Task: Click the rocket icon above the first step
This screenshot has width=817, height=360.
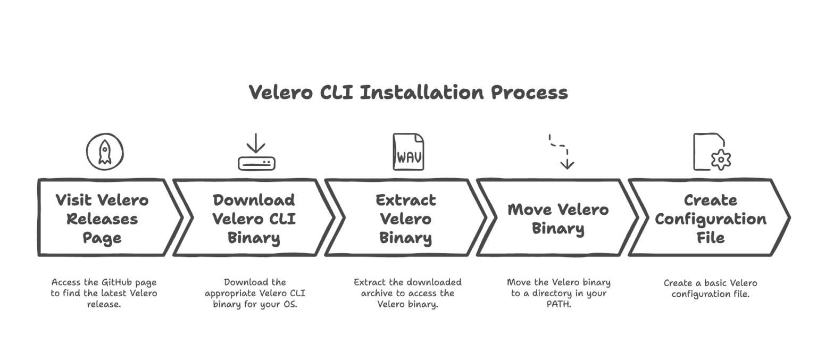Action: click(x=105, y=152)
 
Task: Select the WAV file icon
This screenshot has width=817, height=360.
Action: click(x=408, y=152)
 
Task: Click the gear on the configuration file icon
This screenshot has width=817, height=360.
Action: click(x=721, y=160)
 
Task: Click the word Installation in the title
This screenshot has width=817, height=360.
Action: click(x=422, y=93)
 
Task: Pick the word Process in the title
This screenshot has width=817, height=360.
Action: click(x=529, y=93)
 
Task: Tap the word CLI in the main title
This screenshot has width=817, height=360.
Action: click(x=337, y=93)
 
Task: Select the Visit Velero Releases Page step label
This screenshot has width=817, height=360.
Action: click(x=102, y=219)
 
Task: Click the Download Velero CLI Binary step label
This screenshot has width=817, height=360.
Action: click(x=254, y=219)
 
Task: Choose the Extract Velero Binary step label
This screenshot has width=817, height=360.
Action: click(x=405, y=219)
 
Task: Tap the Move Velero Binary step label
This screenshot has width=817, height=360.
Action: click(x=558, y=219)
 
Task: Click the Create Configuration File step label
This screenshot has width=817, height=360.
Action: click(x=710, y=219)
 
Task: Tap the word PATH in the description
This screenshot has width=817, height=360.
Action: click(x=558, y=305)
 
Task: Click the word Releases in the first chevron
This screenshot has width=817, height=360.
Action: click(x=102, y=219)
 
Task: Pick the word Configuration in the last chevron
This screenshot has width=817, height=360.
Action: click(x=710, y=219)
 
